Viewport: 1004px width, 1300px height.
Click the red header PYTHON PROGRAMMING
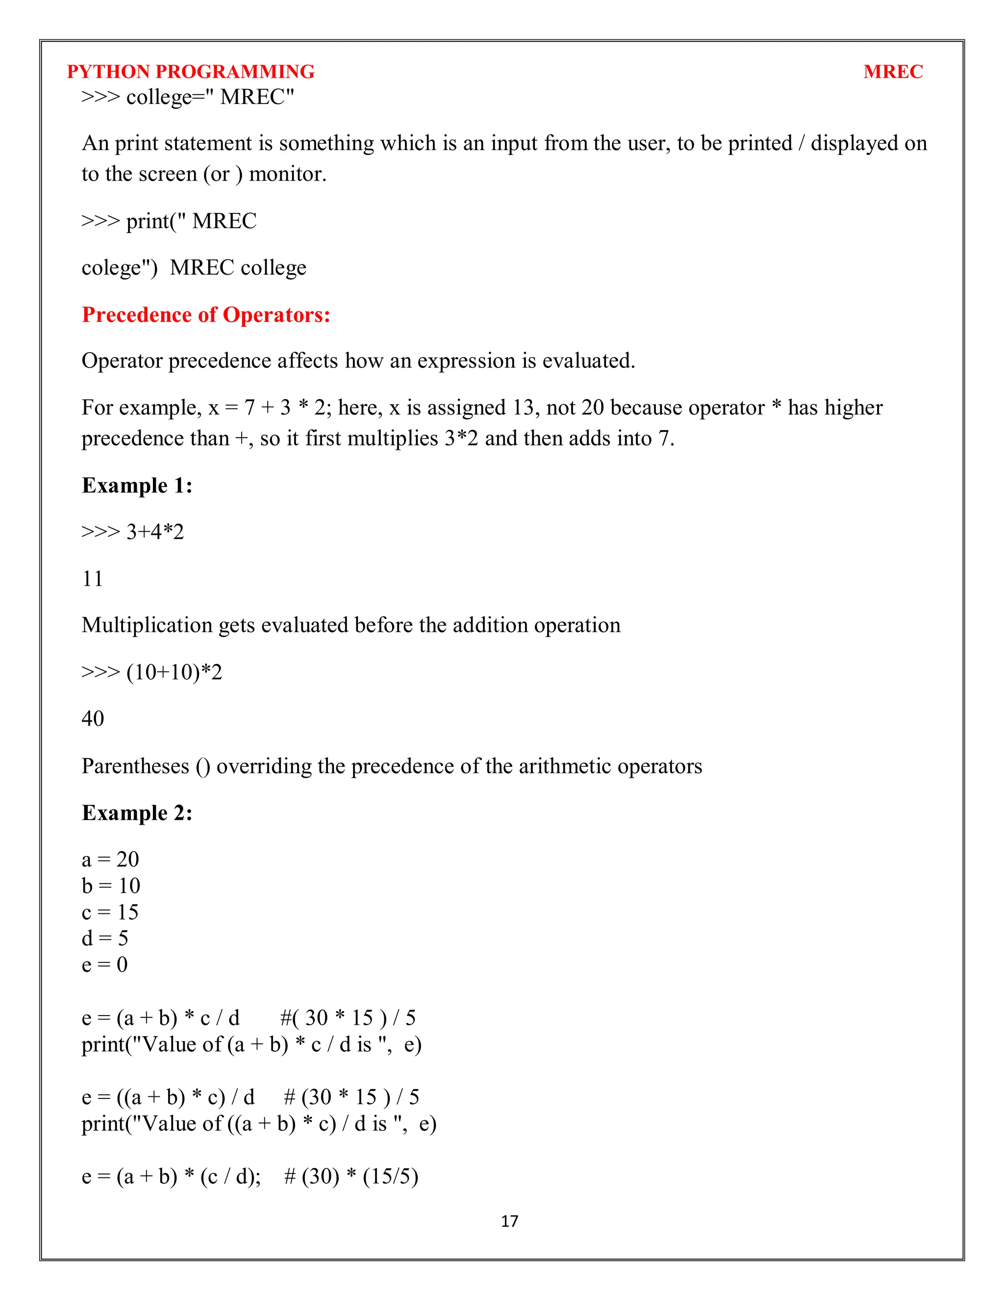[190, 72]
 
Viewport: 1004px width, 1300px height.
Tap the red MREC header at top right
[892, 72]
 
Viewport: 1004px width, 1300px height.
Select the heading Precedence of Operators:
[206, 314]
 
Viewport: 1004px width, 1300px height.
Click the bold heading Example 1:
[137, 485]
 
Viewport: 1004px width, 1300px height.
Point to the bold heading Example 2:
[137, 812]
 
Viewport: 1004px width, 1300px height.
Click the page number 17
[509, 1222]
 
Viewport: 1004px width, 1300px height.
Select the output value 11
[92, 578]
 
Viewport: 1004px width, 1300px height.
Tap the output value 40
[93, 719]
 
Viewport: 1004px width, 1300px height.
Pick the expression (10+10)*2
[174, 672]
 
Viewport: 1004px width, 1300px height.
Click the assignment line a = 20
[110, 859]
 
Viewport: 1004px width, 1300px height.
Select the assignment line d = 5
[105, 938]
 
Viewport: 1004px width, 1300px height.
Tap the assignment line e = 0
[105, 964]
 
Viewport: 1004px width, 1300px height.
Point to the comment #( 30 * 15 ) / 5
[348, 1018]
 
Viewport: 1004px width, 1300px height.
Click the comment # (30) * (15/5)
[351, 1176]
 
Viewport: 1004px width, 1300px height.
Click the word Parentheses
[135, 766]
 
